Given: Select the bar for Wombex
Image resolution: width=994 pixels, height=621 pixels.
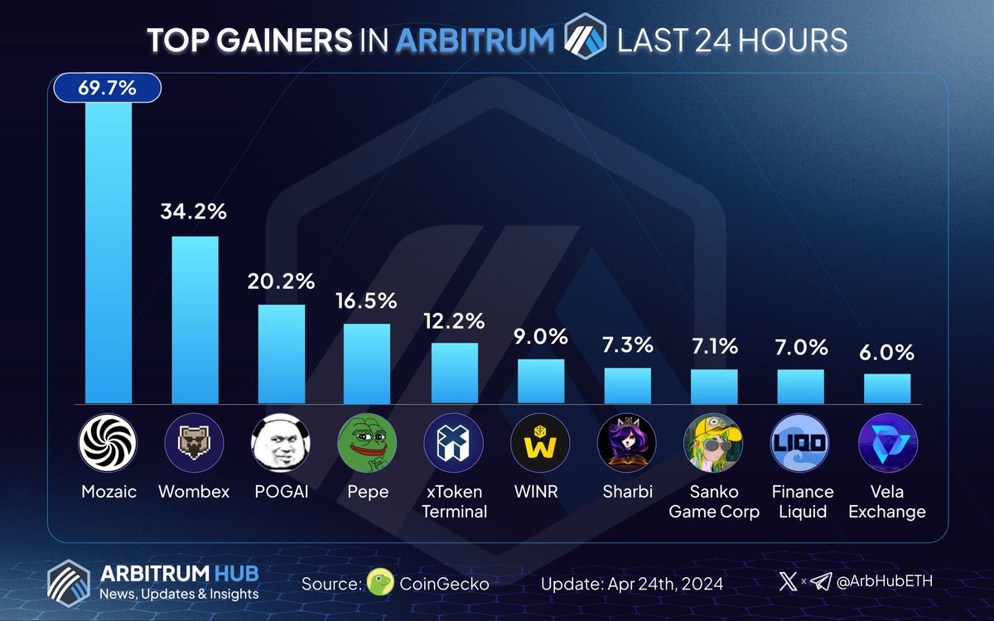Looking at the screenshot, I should pyautogui.click(x=195, y=319).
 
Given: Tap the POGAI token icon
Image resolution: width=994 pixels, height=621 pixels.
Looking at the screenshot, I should pyautogui.click(x=281, y=444).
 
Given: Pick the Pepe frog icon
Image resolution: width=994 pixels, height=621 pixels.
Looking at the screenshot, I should pyautogui.click(x=367, y=444).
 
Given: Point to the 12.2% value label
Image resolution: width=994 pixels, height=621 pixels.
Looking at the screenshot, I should pyautogui.click(x=454, y=322).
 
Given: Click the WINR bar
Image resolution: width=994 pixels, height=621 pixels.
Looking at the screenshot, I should pyautogui.click(x=541, y=380).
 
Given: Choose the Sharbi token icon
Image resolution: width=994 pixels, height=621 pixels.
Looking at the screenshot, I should pyautogui.click(x=627, y=444).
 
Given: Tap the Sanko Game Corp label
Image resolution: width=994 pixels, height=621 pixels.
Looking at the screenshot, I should pyautogui.click(x=713, y=501).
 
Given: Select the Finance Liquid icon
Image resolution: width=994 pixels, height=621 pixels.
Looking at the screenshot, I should pyautogui.click(x=800, y=444).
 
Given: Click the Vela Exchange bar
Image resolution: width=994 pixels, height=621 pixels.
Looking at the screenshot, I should pyautogui.click(x=886, y=388).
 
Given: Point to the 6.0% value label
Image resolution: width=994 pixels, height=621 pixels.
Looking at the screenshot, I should pyautogui.click(x=886, y=353).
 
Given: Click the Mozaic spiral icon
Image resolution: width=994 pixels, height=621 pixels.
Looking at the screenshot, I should pyautogui.click(x=108, y=444).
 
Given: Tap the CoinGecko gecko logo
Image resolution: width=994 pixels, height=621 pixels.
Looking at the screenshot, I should pyautogui.click(x=379, y=582).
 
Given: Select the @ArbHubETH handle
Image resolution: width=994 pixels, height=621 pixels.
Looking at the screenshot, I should pyautogui.click(x=887, y=581).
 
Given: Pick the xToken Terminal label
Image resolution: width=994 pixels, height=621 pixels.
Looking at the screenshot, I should pyautogui.click(x=454, y=501).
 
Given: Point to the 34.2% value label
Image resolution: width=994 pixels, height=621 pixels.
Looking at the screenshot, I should pyautogui.click(x=195, y=212).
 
